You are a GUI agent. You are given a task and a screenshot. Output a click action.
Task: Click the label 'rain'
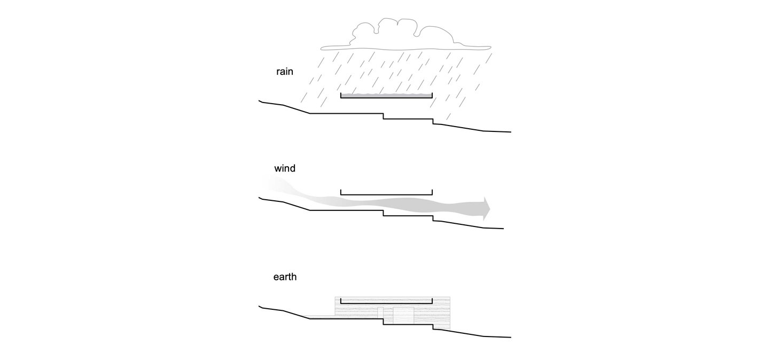tap(285, 71)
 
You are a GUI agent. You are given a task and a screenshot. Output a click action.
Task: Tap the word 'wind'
tap(285, 169)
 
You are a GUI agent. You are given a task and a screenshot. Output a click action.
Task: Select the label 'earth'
tap(285, 277)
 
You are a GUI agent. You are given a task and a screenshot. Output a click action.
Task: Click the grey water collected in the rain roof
tap(386, 96)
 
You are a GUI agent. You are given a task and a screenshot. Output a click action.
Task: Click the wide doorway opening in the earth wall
tap(403, 316)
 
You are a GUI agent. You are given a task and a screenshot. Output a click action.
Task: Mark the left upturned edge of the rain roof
tap(341, 96)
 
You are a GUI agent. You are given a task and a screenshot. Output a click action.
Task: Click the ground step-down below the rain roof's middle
tap(384, 116)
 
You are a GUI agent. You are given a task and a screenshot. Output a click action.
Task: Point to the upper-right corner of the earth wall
tap(450, 297)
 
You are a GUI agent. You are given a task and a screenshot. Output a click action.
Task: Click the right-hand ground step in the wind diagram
tap(433, 218)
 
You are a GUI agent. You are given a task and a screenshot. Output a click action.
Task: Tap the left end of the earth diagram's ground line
tap(260, 307)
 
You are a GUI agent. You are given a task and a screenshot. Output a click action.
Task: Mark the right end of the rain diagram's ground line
tap(510, 131)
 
